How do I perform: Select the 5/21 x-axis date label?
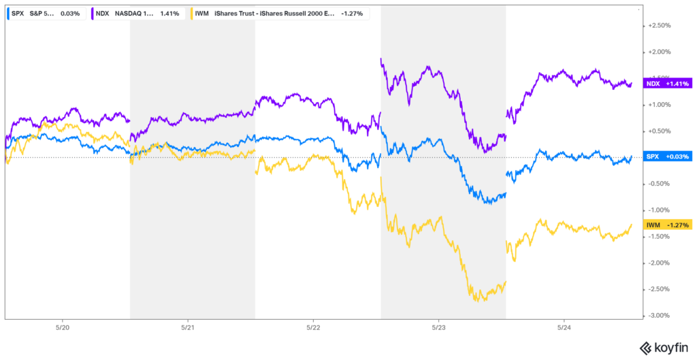(187, 327)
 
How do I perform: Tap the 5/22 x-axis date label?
(312, 327)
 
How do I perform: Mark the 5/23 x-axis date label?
(438, 327)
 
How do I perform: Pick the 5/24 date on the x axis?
(563, 327)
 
